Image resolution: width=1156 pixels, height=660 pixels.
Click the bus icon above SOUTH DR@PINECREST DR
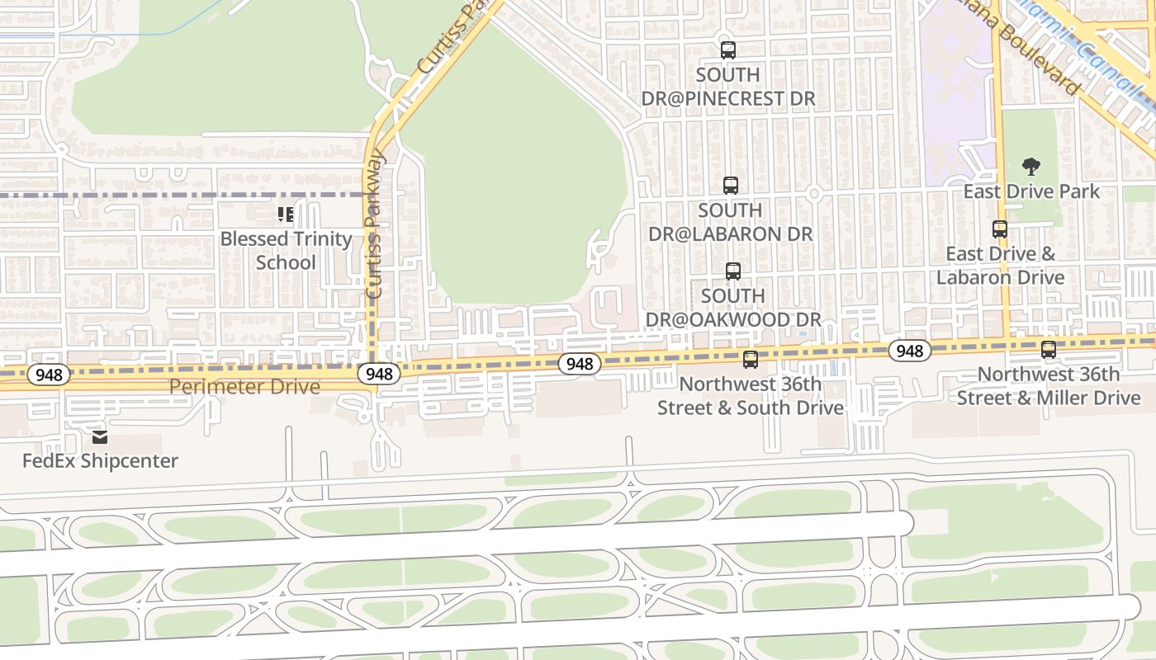(727, 50)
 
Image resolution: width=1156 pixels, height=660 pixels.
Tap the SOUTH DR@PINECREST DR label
(728, 87)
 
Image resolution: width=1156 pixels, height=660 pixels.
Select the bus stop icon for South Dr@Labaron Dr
(730, 186)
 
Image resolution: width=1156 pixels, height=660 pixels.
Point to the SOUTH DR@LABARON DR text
(731, 222)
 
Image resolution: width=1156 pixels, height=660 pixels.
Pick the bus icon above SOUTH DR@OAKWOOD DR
(732, 271)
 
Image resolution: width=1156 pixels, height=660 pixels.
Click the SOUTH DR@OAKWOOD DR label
(732, 307)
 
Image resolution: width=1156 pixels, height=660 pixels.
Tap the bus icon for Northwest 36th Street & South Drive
(750, 360)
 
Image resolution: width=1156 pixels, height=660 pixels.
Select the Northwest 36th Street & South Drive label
(750, 396)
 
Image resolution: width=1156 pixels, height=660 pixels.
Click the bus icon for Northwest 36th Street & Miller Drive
(1049, 350)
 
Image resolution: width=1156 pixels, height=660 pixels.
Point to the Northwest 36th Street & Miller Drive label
(1049, 386)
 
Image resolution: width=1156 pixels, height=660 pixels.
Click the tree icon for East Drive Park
(1030, 167)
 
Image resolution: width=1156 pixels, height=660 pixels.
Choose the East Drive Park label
(1031, 191)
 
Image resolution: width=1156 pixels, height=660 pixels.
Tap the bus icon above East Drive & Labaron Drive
(1000, 229)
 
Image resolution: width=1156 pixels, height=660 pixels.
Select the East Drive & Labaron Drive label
(1000, 265)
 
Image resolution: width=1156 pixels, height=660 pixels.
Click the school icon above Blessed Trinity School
(286, 215)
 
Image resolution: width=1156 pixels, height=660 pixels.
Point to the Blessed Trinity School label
(286, 251)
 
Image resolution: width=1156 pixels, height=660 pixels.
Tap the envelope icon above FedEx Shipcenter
(100, 437)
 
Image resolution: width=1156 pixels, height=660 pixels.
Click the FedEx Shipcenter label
(100, 460)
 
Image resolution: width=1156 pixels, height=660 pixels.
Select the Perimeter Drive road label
(244, 386)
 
